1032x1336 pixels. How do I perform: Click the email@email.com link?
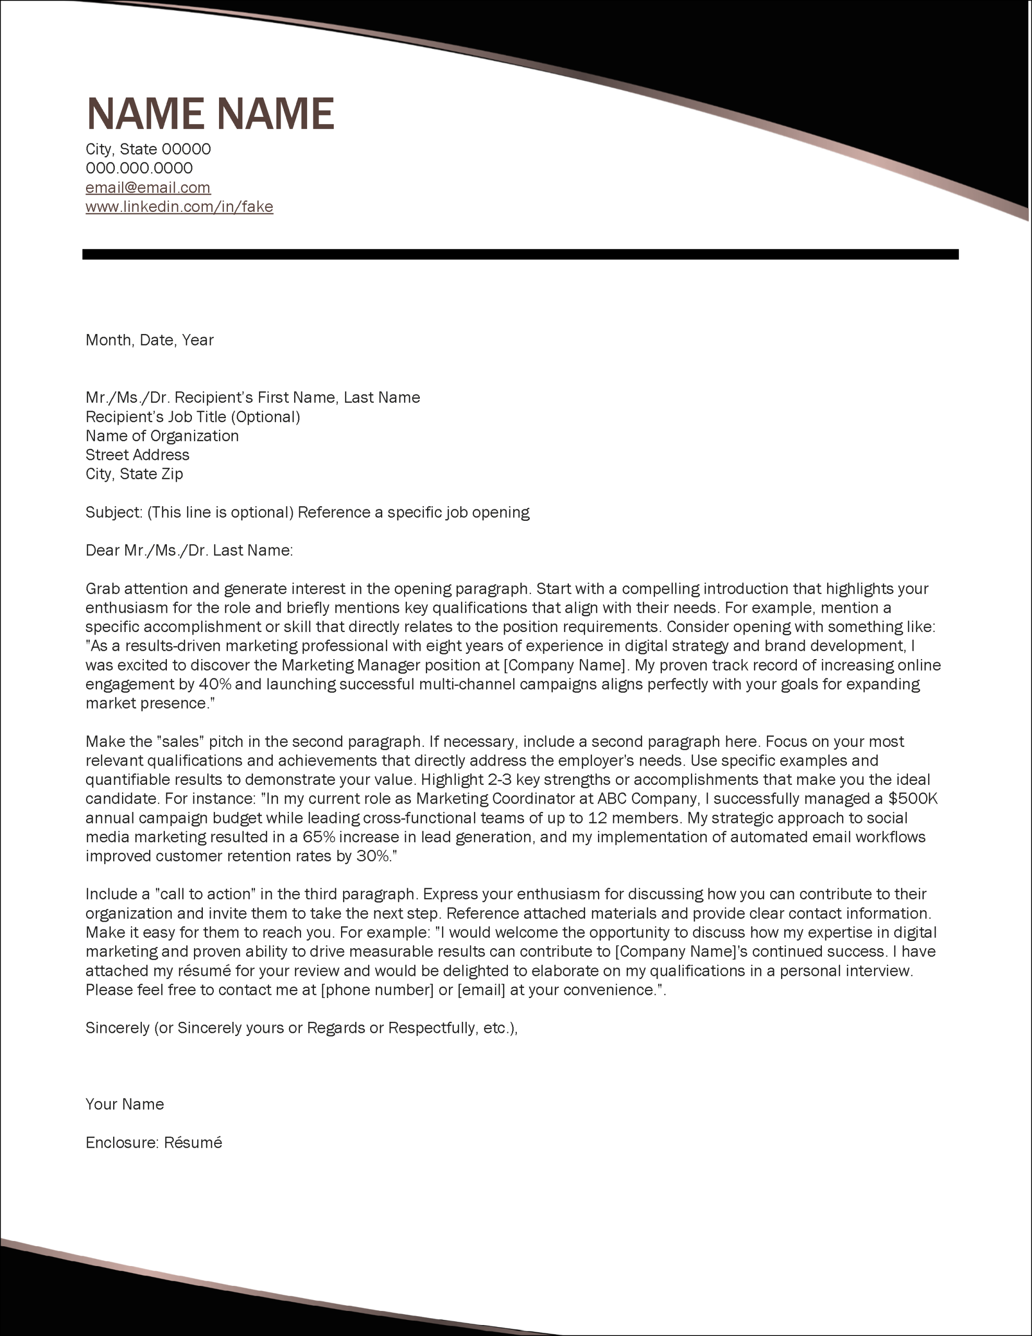(x=148, y=187)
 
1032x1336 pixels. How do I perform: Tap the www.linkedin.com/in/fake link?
(x=179, y=207)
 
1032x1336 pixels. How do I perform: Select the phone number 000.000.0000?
(x=139, y=168)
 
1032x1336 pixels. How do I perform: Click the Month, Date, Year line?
(x=149, y=340)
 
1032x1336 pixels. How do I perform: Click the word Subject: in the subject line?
(x=114, y=512)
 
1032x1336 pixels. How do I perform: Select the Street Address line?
(x=137, y=455)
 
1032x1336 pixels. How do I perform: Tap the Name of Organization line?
(x=162, y=436)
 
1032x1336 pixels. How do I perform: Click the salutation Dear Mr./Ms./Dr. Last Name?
(x=189, y=551)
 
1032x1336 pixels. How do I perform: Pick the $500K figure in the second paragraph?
(x=912, y=799)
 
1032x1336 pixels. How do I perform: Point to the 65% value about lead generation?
(x=319, y=837)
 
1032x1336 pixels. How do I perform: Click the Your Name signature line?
(x=124, y=1104)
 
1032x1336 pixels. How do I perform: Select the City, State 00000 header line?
(x=148, y=149)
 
